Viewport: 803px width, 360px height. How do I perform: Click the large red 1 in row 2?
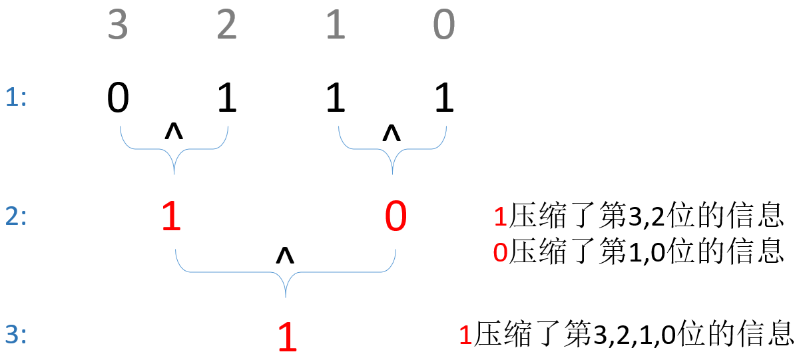tap(172, 218)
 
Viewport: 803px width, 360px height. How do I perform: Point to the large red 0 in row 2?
tap(396, 218)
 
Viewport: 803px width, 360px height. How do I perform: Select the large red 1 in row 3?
tap(287, 337)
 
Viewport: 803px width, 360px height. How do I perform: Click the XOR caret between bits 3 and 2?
tap(174, 132)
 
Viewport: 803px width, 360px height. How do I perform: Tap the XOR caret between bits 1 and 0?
tap(392, 133)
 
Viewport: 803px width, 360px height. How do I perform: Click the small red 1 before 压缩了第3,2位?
tap(501, 218)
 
